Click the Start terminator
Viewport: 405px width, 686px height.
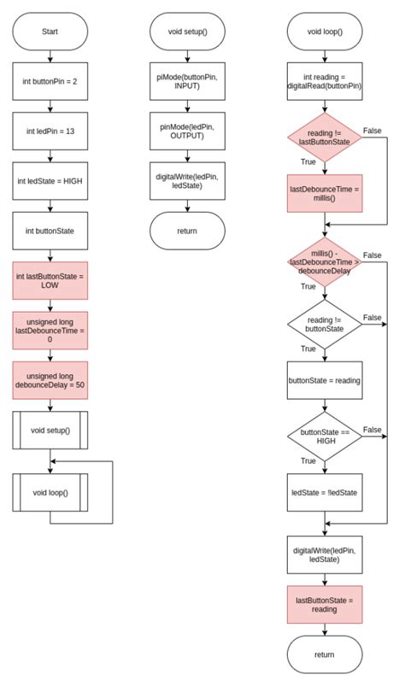click(50, 32)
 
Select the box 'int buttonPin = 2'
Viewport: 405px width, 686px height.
click(50, 81)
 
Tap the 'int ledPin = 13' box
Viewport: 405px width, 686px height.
click(50, 132)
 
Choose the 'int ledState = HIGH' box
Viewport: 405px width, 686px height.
click(50, 181)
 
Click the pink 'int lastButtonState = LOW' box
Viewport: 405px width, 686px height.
click(50, 281)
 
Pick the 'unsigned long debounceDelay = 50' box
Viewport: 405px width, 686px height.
click(50, 381)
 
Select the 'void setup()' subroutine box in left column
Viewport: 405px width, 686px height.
click(50, 431)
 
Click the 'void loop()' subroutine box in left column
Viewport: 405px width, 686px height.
click(50, 493)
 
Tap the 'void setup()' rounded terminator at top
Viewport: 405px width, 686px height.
click(188, 32)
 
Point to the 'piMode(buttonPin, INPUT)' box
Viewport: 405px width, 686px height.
click(188, 81)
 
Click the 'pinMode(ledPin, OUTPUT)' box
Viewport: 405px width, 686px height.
click(188, 132)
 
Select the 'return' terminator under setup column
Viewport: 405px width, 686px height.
click(188, 231)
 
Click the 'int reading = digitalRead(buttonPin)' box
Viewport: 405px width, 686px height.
click(325, 81)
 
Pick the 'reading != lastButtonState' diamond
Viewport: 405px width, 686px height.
click(325, 138)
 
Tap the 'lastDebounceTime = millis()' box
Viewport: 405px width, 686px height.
click(325, 193)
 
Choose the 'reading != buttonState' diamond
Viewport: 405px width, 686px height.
click(325, 325)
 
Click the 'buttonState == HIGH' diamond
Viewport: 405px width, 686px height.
click(325, 437)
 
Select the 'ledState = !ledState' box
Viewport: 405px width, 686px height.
click(325, 493)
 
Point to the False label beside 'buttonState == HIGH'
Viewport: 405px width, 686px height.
click(373, 430)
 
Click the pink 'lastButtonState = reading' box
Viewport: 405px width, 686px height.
click(325, 605)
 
